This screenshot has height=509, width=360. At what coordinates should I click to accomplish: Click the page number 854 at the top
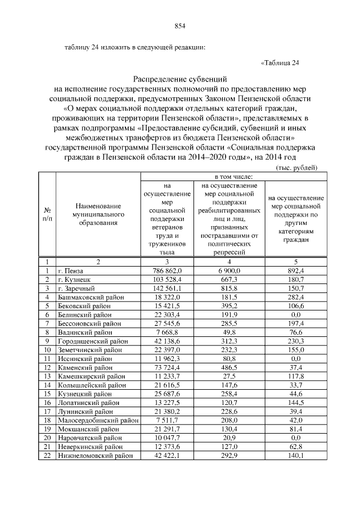180,26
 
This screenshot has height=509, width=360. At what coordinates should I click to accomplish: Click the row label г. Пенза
70,271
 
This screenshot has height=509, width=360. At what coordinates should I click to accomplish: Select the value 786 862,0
166,271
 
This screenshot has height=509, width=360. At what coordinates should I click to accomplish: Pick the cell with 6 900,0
229,271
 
